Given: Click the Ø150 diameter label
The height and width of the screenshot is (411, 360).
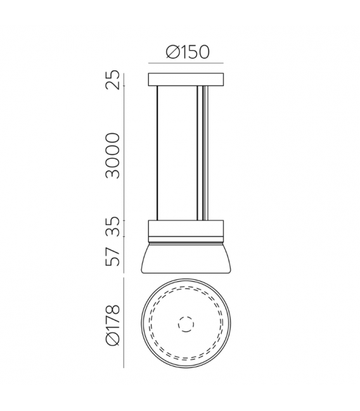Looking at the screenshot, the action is [188, 52].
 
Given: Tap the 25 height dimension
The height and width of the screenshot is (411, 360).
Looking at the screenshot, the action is [113, 80].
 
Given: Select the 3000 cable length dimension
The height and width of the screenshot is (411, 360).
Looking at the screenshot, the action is [113, 156].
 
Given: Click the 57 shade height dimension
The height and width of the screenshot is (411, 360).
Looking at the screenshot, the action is [113, 256].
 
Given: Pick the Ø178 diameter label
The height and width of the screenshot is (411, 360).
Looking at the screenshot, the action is [113, 325].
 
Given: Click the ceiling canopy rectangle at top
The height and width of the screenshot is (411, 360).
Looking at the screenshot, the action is [186, 79].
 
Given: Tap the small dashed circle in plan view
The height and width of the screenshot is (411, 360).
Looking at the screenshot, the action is [186, 324].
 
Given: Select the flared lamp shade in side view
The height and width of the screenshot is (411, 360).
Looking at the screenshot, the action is [186, 257].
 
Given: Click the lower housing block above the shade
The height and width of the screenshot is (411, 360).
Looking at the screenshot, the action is [186, 228].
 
